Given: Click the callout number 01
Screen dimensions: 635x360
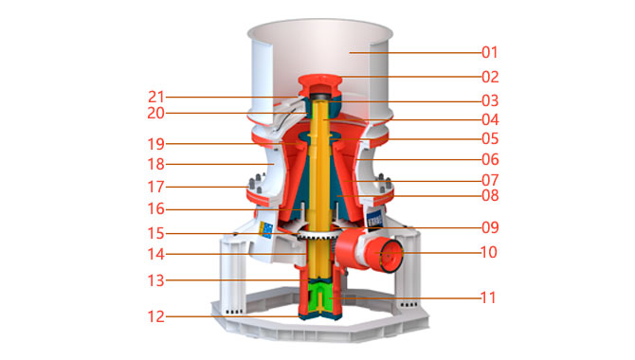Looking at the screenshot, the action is pyautogui.click(x=490, y=52).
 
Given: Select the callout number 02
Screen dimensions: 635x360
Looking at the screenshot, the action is pyautogui.click(x=490, y=77).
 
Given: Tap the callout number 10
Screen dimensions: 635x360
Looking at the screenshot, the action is pyautogui.click(x=488, y=252).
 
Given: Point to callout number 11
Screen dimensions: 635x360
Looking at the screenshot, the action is pyautogui.click(x=488, y=298).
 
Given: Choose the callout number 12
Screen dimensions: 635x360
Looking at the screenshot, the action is pyautogui.click(x=156, y=316).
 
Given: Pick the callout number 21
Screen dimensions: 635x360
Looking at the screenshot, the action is pyautogui.click(x=156, y=97).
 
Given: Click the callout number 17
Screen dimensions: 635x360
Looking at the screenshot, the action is pyautogui.click(x=156, y=187).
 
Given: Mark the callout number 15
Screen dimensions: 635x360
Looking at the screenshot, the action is pyautogui.click(x=156, y=233).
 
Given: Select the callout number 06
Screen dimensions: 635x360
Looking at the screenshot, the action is pyautogui.click(x=490, y=159).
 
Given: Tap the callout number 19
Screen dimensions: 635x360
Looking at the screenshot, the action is pyautogui.click(x=156, y=144).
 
